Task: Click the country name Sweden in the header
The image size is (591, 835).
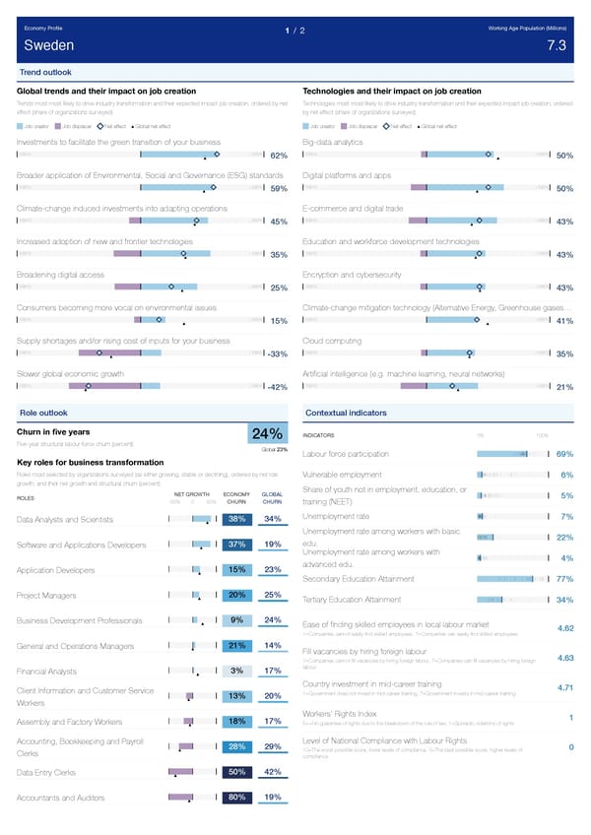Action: pyautogui.click(x=44, y=46)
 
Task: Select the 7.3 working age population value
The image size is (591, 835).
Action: pyautogui.click(x=556, y=46)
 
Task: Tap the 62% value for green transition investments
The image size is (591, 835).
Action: pyautogui.click(x=278, y=156)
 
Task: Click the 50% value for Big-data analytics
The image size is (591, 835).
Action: pyautogui.click(x=564, y=156)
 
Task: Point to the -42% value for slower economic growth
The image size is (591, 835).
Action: pyautogui.click(x=276, y=387)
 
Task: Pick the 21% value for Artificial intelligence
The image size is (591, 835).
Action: pyautogui.click(x=564, y=387)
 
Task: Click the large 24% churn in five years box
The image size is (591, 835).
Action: pyautogui.click(x=268, y=434)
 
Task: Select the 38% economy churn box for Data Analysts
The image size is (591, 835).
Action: pyautogui.click(x=236, y=519)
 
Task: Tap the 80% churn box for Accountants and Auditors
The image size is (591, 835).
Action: pyautogui.click(x=236, y=798)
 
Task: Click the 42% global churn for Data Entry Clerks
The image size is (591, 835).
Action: pyautogui.click(x=274, y=772)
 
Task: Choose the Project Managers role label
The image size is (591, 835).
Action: pyautogui.click(x=46, y=595)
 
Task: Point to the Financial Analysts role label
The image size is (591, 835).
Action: pyautogui.click(x=48, y=672)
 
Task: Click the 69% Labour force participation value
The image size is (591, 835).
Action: pyautogui.click(x=564, y=454)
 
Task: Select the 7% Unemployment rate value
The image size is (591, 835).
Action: pyautogui.click(x=566, y=517)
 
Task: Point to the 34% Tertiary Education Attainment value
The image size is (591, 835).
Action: pyautogui.click(x=564, y=600)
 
